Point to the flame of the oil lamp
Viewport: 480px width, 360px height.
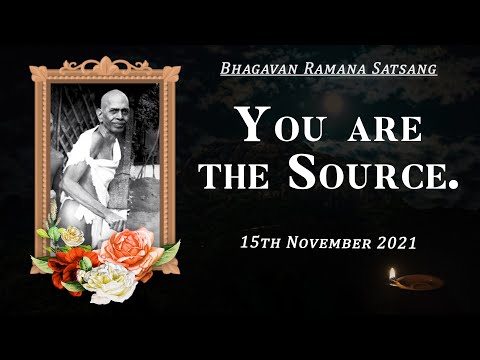(393, 271)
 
